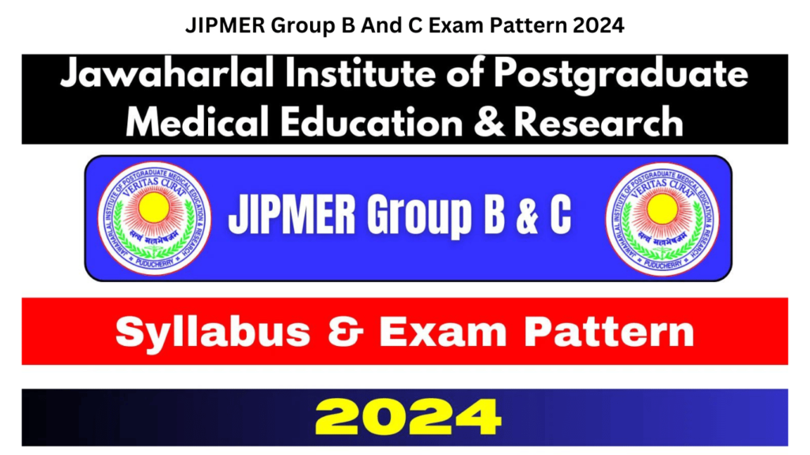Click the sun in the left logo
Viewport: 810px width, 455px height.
click(154, 208)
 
